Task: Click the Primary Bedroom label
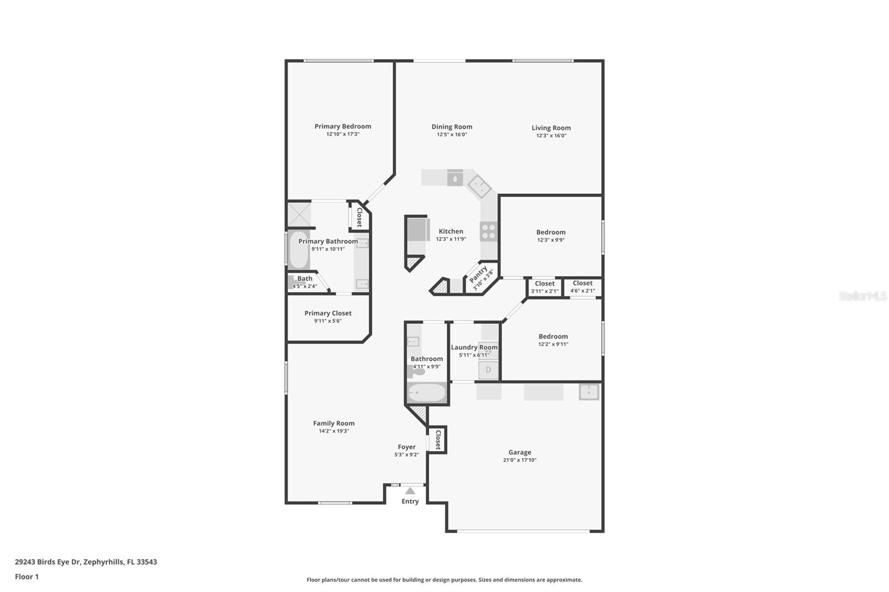tap(342, 126)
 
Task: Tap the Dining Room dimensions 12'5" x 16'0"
tap(451, 134)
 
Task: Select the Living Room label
tap(551, 128)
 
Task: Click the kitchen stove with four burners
tap(488, 231)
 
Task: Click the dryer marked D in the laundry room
tap(488, 370)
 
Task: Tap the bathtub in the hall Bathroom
tap(426, 393)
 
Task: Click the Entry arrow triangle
tap(410, 491)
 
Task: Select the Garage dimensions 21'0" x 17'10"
tap(520, 460)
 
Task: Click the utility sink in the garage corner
tap(588, 392)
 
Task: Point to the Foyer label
tap(406, 446)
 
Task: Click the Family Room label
tap(333, 423)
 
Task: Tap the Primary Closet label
tap(328, 313)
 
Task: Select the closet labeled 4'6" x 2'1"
tap(582, 287)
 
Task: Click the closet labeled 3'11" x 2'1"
tap(544, 287)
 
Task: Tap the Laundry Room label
tap(474, 347)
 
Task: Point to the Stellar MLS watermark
tap(862, 296)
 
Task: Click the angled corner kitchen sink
tap(479, 185)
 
